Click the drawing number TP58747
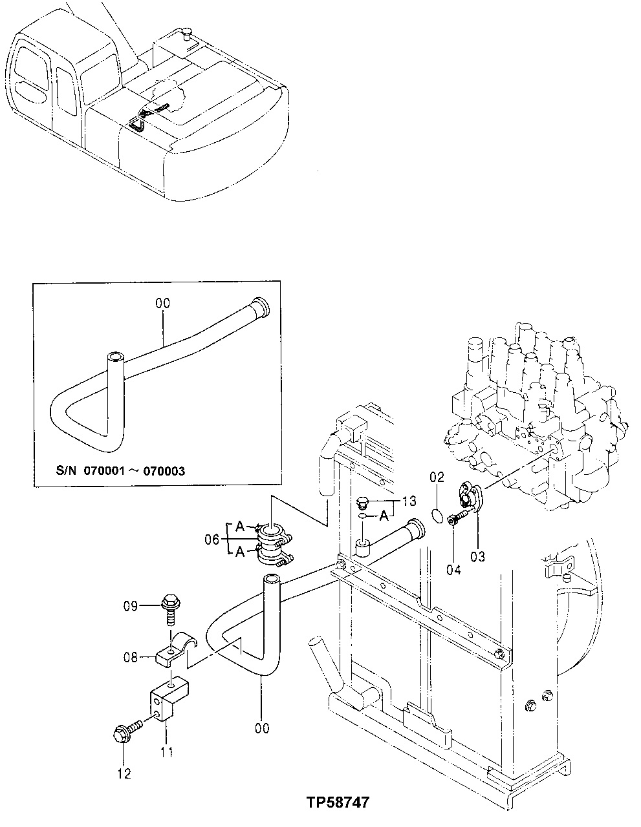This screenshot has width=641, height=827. (338, 802)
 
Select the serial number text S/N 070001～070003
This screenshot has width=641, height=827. (120, 471)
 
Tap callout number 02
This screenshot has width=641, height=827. (437, 478)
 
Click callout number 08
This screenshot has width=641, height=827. (130, 658)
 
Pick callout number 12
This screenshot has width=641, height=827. (124, 773)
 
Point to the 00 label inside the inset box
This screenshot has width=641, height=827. (162, 302)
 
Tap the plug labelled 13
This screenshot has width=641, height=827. (364, 503)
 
